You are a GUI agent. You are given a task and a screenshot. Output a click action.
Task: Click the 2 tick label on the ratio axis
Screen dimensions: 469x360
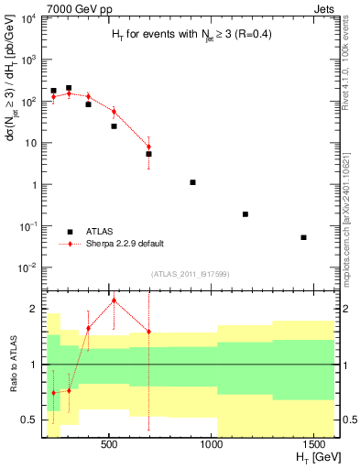(33, 309)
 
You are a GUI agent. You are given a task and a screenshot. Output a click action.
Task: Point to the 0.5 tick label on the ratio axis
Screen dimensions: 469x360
(28, 420)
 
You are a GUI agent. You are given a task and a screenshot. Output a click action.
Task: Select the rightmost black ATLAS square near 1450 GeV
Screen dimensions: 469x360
(303, 237)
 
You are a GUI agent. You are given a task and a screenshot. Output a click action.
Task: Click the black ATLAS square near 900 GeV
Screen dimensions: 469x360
(192, 182)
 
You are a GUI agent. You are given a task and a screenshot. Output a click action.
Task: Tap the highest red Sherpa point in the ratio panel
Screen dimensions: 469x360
(114, 300)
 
